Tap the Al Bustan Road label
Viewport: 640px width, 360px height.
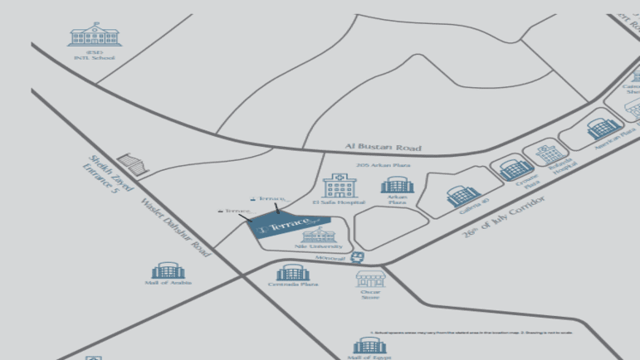(383, 148)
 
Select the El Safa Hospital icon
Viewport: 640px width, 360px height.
(338, 186)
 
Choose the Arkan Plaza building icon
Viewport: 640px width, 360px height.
(397, 184)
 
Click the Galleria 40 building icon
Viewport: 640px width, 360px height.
(459, 196)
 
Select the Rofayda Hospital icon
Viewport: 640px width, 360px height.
(550, 152)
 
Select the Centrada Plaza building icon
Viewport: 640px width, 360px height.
(293, 272)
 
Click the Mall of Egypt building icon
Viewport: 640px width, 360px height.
(368, 345)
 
